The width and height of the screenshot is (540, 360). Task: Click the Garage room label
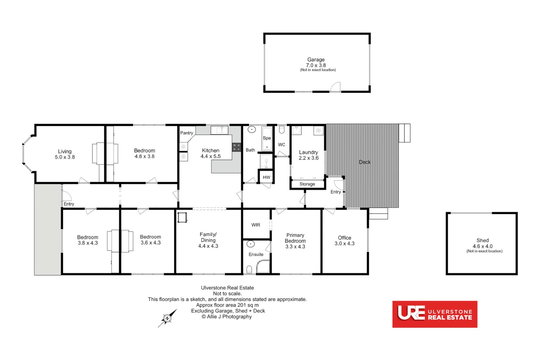(x=316, y=60)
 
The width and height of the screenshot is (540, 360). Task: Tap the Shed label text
(x=482, y=240)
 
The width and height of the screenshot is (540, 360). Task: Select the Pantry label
(x=187, y=133)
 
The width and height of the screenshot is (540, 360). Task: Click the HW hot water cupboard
(x=266, y=177)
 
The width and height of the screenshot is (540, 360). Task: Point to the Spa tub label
(x=267, y=138)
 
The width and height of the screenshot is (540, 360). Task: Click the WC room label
(x=282, y=145)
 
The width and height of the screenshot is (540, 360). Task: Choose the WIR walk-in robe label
(x=256, y=225)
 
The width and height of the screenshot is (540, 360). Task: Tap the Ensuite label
(x=256, y=254)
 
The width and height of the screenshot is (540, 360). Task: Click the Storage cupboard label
(x=307, y=184)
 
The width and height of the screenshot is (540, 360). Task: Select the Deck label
(x=365, y=162)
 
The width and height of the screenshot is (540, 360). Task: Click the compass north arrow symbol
(x=167, y=318)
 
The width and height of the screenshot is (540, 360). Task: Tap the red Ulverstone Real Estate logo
(x=435, y=314)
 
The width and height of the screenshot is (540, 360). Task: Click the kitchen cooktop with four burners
(x=237, y=147)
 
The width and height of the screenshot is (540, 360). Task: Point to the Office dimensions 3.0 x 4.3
(x=344, y=244)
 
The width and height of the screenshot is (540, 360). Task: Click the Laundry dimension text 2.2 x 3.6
(x=308, y=158)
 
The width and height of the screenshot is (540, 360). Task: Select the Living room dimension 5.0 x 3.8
(x=65, y=157)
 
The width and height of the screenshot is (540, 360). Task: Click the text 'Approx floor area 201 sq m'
(x=227, y=305)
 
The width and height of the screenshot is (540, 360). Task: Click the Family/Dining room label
(x=208, y=237)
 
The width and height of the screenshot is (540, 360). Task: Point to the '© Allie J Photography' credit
(x=227, y=317)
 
